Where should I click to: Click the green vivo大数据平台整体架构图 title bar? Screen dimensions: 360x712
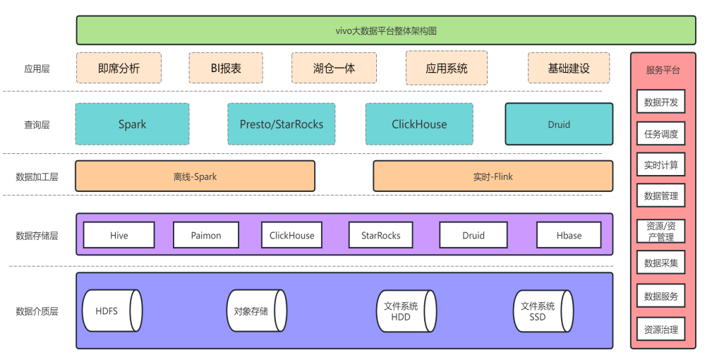pos(386,30)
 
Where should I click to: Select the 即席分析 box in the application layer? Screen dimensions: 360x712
pos(119,68)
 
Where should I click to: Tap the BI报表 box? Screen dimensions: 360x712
pos(226,68)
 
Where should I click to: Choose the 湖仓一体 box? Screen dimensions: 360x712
pos(334,68)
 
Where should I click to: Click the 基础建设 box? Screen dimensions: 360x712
pos(569,68)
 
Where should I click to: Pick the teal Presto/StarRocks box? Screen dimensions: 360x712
pos(281,124)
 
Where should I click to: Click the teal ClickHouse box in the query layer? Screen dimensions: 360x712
pos(419,124)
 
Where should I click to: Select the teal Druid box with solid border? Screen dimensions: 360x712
pos(559,124)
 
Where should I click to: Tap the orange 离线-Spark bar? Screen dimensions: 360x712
pos(195,176)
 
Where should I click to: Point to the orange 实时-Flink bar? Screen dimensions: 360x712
pos(493,176)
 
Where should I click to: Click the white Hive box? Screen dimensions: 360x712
pos(119,235)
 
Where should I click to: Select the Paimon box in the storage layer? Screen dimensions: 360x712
pos(205,235)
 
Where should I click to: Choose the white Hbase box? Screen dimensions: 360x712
pos(569,235)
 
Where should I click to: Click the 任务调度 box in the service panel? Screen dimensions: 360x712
pos(661,134)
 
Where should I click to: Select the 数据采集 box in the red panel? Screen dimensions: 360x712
pos(661,263)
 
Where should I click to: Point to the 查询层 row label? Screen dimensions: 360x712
pos(37,125)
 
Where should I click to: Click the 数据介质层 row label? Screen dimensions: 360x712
pos(37,311)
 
